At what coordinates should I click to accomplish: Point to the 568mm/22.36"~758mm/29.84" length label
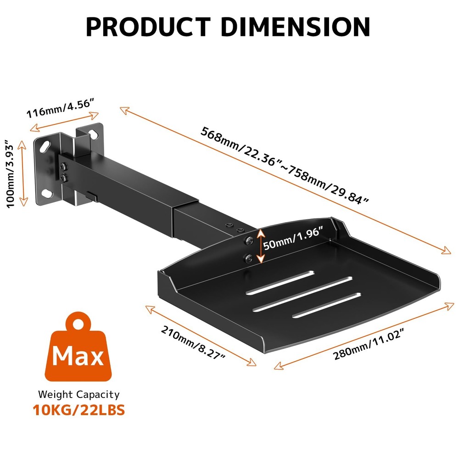285,166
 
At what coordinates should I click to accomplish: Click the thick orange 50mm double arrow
260,246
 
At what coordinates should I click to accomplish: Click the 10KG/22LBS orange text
78,409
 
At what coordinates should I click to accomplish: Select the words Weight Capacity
78,394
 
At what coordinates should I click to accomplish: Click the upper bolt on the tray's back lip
248,241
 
